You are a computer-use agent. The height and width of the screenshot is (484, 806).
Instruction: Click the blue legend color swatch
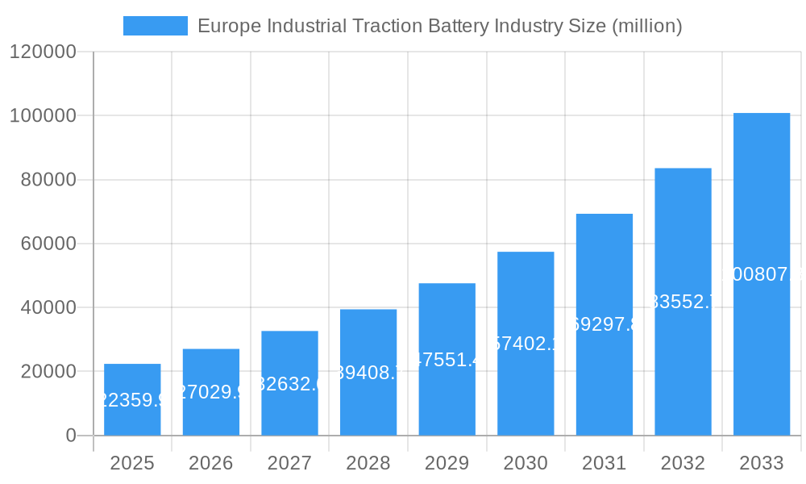pos(155,26)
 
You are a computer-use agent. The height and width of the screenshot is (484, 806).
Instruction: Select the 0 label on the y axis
pos(70,436)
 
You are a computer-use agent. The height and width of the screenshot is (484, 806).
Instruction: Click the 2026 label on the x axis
pos(210,463)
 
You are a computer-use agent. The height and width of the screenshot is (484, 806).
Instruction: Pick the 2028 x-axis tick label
pos(368,463)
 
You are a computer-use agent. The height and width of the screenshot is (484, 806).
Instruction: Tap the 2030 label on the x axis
pos(525,463)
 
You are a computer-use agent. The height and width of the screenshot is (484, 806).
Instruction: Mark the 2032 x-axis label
pos(682,463)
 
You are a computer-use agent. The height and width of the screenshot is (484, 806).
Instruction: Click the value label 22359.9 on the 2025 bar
pos(132,400)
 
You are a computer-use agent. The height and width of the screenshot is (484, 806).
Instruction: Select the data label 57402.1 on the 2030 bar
pos(526,344)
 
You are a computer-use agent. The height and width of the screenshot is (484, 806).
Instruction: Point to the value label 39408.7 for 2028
pos(368,373)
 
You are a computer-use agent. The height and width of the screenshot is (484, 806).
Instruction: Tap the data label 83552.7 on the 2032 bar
pos(683,302)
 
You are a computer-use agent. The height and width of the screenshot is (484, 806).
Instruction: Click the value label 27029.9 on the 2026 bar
pos(211,392)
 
